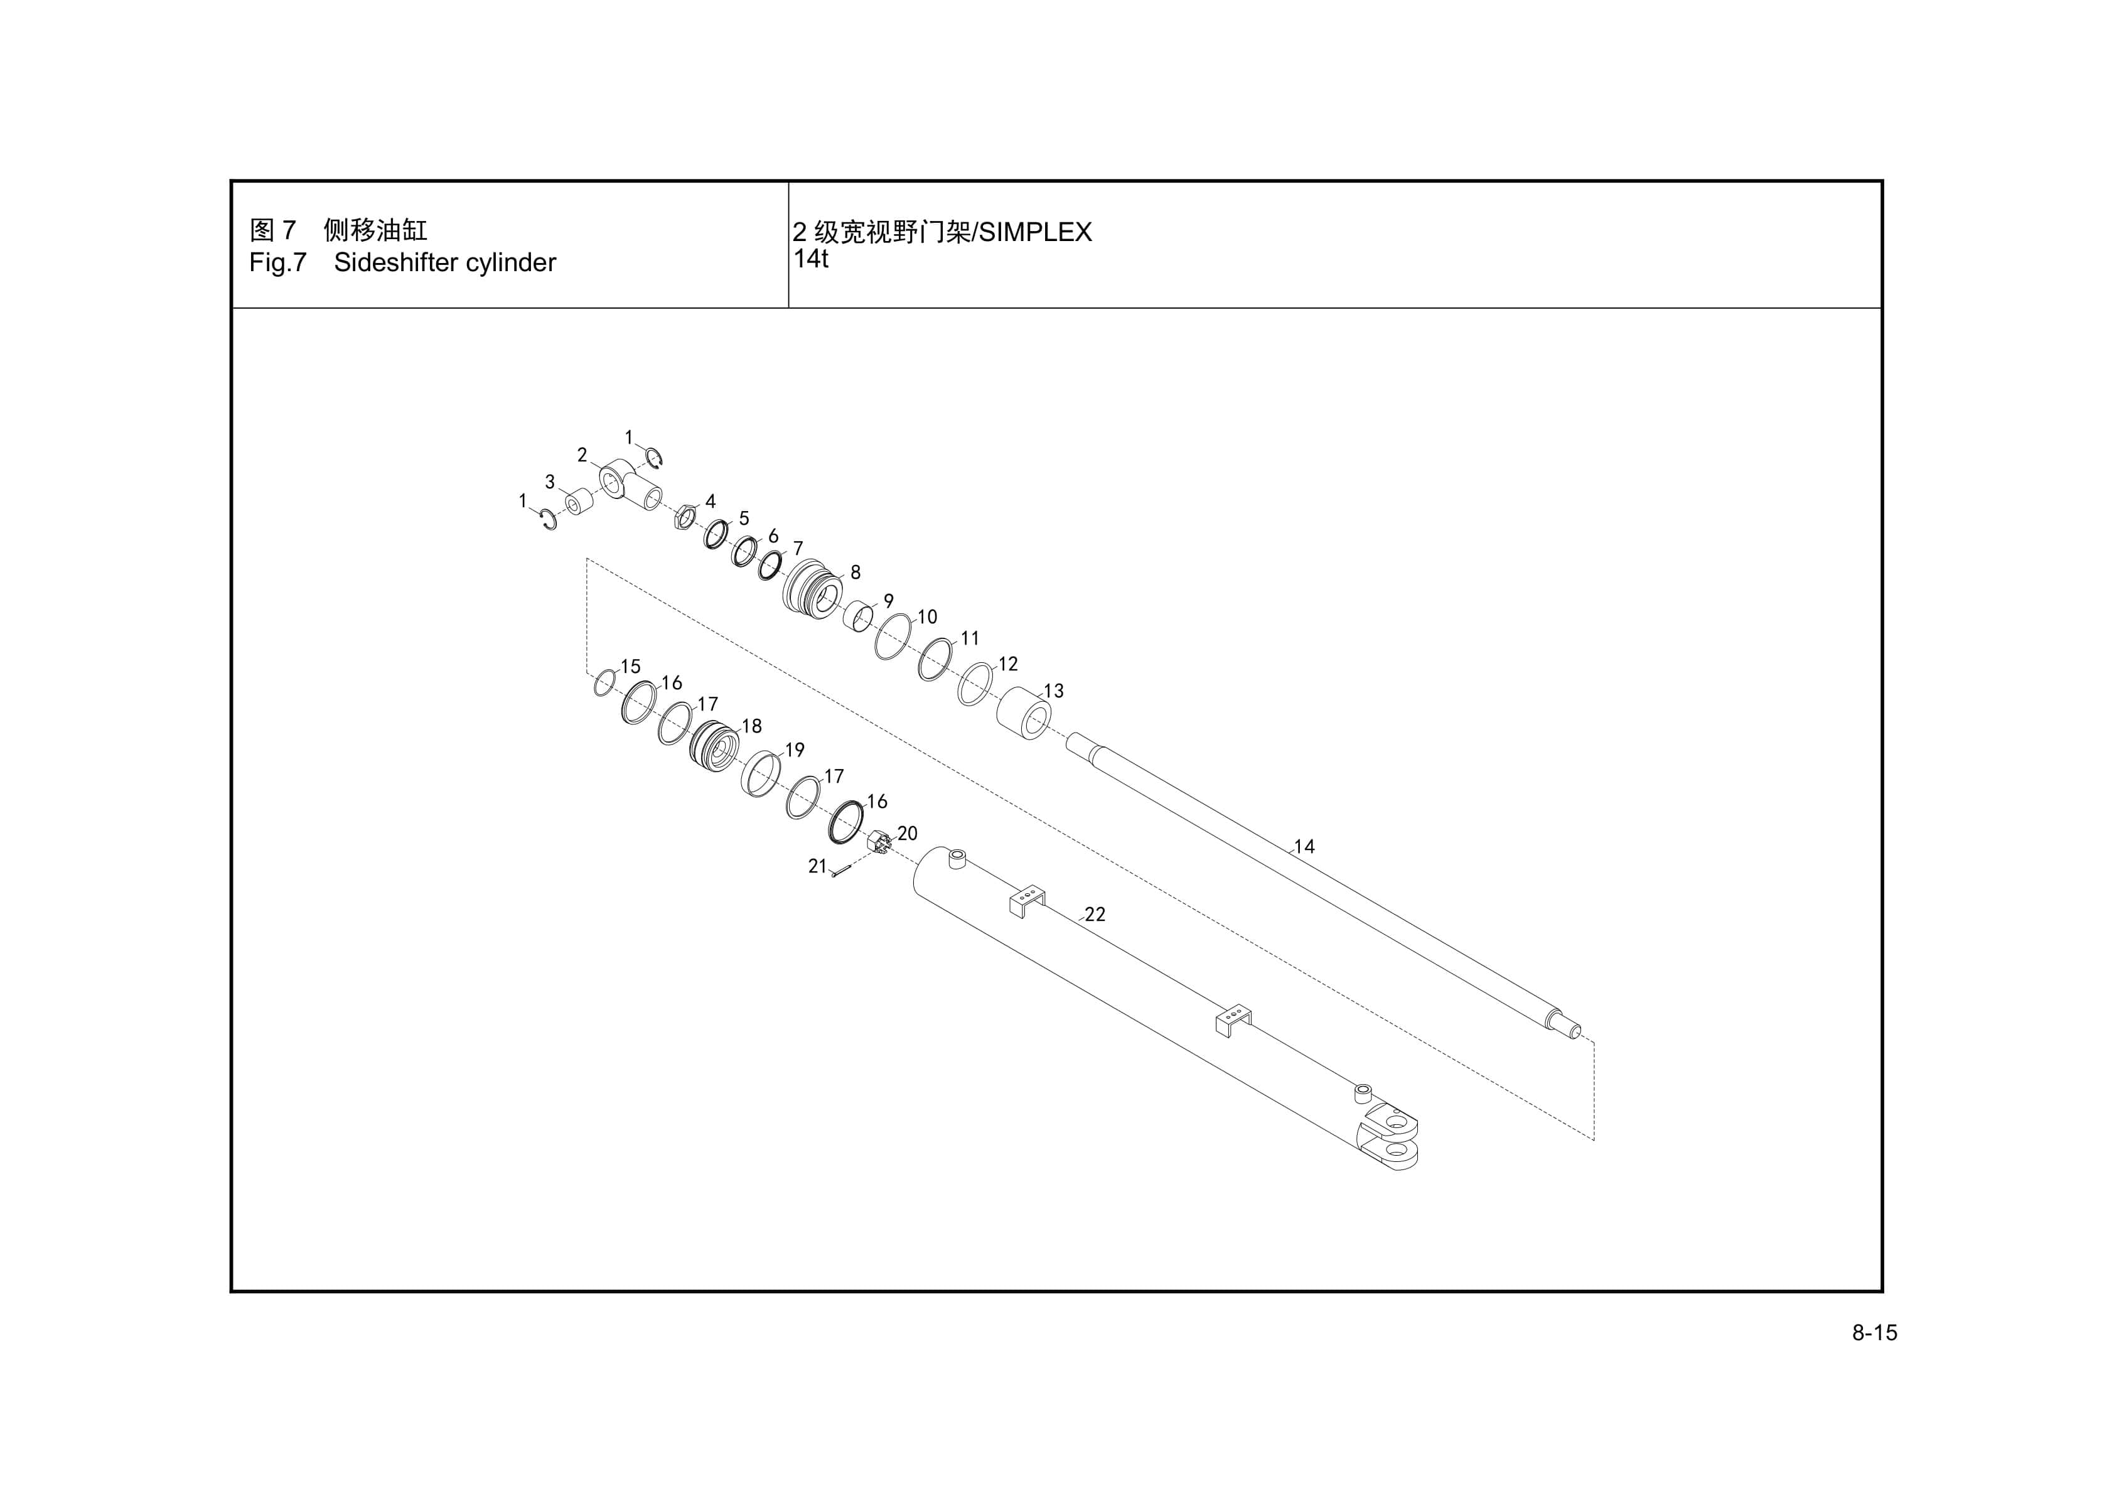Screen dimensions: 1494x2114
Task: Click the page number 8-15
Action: coord(1874,1333)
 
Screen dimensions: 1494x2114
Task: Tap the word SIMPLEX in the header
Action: coord(1035,232)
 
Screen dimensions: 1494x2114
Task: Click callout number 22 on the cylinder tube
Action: coord(1095,914)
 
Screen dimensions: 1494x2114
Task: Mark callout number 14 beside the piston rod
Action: coord(1304,846)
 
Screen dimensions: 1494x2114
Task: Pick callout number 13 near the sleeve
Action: coord(1053,691)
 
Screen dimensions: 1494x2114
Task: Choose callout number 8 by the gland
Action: coord(856,572)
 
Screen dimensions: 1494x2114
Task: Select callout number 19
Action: coord(795,750)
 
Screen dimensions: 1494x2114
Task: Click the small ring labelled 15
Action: coord(604,684)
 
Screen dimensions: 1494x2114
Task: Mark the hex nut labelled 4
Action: coord(684,517)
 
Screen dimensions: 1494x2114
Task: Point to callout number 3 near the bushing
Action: coord(550,481)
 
